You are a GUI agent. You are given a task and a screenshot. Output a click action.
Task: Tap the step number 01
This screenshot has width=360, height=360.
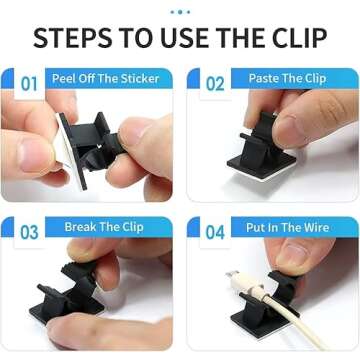[29, 84]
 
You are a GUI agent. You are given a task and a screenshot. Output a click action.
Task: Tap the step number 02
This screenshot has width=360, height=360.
[215, 84]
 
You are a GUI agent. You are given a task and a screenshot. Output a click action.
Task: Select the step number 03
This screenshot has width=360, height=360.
[29, 232]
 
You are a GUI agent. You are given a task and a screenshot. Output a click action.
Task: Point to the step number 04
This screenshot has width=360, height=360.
[215, 232]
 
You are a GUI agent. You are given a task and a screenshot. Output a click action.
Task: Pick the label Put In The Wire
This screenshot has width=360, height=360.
[288, 227]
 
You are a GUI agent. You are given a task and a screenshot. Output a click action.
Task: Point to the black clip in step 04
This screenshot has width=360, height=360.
[275, 296]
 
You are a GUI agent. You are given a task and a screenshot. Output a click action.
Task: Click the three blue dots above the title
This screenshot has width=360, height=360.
[180, 11]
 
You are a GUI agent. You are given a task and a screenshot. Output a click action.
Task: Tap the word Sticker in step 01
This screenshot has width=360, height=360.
[139, 78]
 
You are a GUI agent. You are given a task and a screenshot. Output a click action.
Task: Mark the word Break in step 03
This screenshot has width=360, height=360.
[82, 227]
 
